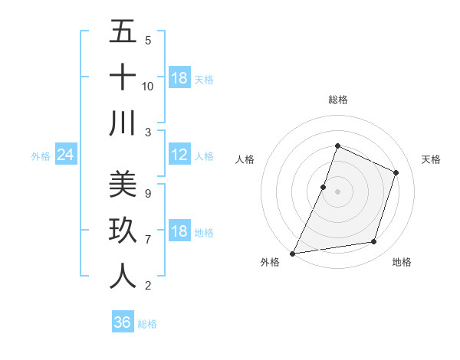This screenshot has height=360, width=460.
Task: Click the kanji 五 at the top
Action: point(123,31)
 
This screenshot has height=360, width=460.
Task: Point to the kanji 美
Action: point(123,185)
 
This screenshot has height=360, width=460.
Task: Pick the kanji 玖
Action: point(123,230)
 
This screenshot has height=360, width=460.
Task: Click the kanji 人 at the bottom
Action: point(123,276)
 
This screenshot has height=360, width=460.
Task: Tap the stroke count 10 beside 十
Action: point(148,87)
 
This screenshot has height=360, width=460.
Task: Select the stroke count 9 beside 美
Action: point(148,194)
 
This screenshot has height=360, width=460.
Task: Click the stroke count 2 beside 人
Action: point(148,286)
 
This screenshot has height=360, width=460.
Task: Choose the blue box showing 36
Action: point(123,322)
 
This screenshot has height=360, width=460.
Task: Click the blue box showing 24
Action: point(66,155)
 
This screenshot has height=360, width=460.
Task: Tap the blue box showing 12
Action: point(179,155)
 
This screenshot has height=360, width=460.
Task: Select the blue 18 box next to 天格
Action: point(179,78)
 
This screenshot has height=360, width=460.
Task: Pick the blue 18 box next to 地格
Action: point(179,233)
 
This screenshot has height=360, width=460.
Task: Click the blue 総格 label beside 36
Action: point(147,324)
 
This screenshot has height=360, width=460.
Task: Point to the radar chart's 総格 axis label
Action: point(337,100)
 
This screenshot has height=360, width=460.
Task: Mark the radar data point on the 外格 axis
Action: point(293,253)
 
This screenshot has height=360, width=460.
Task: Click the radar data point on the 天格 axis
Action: point(396,172)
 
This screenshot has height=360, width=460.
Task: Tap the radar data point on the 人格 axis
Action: point(324,187)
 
